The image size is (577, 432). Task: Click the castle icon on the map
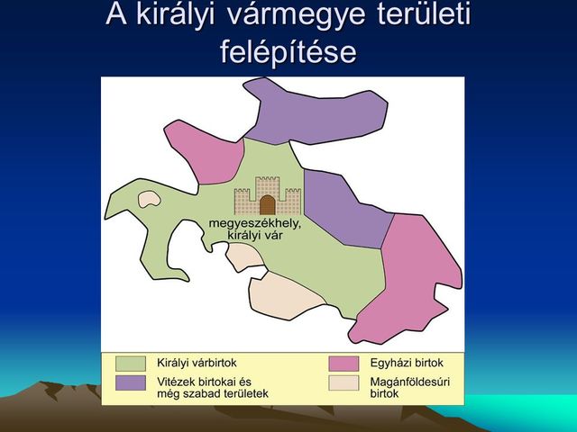click(267, 195)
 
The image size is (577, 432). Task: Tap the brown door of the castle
click(267, 204)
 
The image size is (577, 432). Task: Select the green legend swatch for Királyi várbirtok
click(131, 363)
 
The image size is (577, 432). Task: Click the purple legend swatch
click(131, 383)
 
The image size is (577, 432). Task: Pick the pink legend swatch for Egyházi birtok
click(343, 363)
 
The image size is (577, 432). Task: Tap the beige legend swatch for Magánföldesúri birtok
click(343, 383)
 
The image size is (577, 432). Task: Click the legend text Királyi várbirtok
click(197, 362)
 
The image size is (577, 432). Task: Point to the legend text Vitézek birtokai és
click(204, 382)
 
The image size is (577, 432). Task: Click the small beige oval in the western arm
click(148, 199)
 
